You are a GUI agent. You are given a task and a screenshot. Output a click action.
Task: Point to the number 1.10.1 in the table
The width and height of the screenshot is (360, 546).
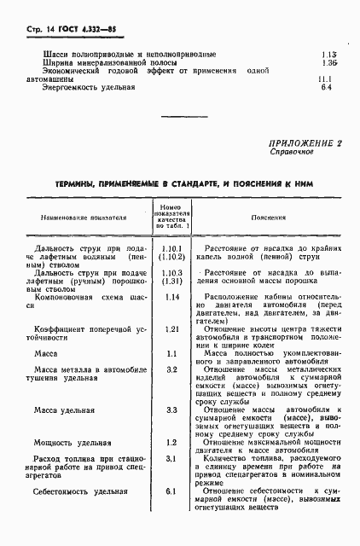(x=171, y=247)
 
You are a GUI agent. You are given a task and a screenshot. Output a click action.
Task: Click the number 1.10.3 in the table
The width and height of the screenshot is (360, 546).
(x=171, y=272)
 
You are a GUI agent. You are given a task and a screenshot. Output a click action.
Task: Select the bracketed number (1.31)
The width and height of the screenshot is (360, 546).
(x=171, y=282)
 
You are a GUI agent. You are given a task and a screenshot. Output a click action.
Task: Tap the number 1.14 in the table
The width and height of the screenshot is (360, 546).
(x=171, y=297)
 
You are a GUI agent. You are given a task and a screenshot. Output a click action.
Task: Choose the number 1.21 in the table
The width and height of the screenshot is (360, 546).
(x=171, y=328)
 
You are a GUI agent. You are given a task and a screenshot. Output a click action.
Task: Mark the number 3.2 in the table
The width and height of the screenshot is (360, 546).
(x=171, y=369)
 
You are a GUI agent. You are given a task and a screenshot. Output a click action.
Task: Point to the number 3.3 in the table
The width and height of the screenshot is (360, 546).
(x=171, y=410)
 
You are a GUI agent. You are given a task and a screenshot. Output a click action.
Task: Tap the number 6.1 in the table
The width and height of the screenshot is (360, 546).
(x=171, y=491)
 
